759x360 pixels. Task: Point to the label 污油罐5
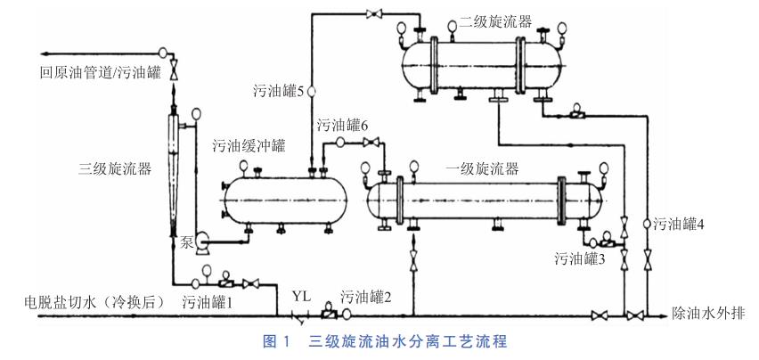point(279,91)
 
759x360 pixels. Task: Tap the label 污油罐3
point(581,259)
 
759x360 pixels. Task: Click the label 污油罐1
point(208,302)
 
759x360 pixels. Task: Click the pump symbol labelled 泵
point(199,238)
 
